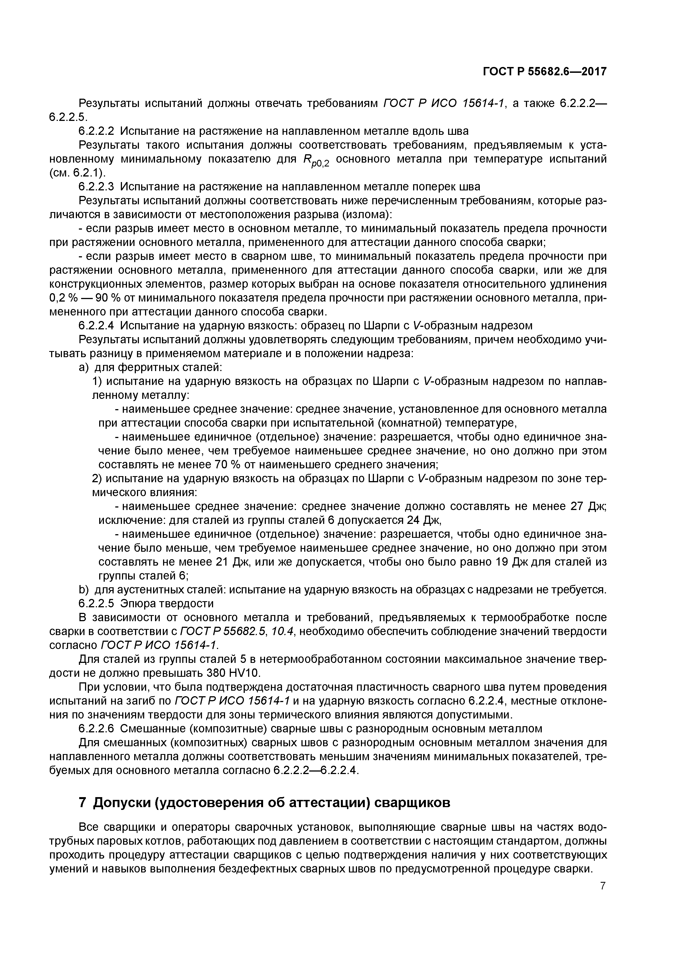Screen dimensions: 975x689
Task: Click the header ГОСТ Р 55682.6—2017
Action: tap(545, 72)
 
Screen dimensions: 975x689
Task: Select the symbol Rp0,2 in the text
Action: tap(316, 161)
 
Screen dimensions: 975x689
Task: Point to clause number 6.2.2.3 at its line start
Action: tap(97, 186)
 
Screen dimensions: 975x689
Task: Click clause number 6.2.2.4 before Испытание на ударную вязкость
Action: tap(97, 326)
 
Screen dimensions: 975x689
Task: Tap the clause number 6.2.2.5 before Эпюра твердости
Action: tap(97, 603)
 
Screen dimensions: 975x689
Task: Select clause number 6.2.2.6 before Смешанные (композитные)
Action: tap(97, 729)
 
